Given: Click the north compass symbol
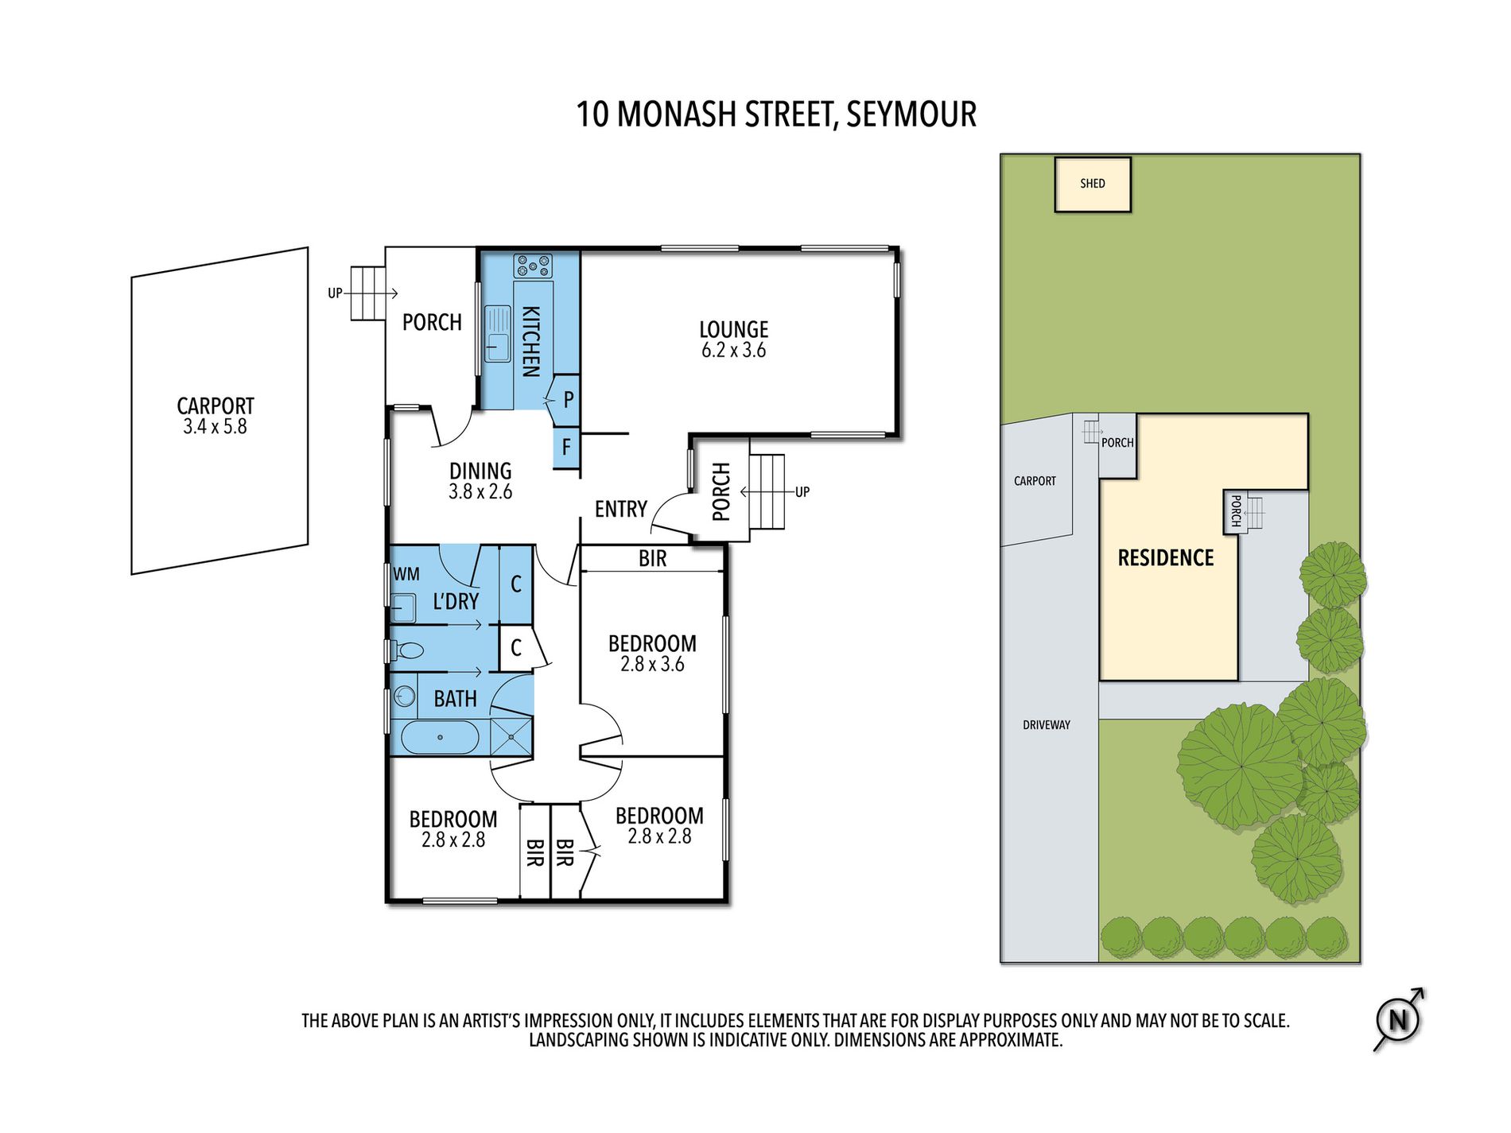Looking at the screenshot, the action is tap(1398, 1019).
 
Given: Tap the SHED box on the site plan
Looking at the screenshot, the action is tap(1093, 184).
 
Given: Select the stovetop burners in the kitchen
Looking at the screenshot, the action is tap(533, 266).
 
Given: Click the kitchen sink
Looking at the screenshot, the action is tap(498, 333).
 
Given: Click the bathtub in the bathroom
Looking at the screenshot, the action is tap(440, 737).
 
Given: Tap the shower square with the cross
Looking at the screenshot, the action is tap(511, 736).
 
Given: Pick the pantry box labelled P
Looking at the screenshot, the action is tap(567, 400).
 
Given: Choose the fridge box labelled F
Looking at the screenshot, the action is tap(566, 448).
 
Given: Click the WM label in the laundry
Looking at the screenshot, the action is tap(406, 574).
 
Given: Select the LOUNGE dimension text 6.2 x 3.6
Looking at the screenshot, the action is tap(733, 351).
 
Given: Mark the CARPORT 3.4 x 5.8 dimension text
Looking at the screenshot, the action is tap(215, 427).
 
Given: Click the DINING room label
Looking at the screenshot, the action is tap(480, 471).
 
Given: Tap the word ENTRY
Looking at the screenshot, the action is tap(621, 509).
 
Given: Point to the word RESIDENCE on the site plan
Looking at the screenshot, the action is tap(1166, 558).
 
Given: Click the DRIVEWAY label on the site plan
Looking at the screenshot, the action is tap(1047, 725).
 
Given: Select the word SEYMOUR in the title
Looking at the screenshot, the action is tap(911, 114).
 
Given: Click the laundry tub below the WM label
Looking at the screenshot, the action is tap(404, 607).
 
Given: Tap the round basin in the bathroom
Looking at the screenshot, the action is tap(405, 697).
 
